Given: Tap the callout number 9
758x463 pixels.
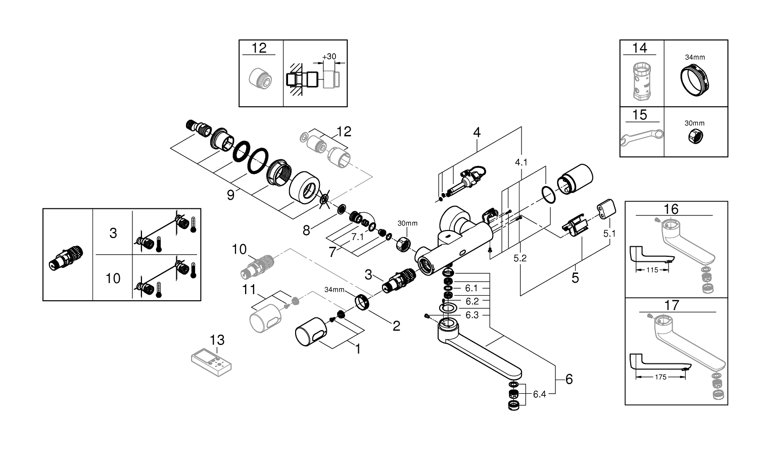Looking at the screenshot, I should point(230,195).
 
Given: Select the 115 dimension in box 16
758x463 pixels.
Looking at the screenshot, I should point(652,270).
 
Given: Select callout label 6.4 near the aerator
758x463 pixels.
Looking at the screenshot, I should point(539,394).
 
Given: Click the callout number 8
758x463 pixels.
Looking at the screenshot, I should point(306,230).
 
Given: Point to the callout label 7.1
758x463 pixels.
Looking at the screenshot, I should point(358,237).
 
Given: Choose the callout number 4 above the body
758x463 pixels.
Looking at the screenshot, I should point(477,132).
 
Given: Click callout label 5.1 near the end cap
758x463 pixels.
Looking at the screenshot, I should point(610,234).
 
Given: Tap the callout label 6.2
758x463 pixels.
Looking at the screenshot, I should point(472,301).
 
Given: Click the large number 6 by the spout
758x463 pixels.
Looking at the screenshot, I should point(569,379).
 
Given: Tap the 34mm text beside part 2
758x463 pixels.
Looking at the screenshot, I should point(334,290).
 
